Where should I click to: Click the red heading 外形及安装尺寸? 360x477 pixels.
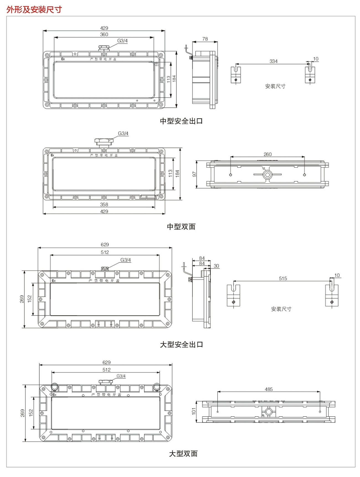[34, 9]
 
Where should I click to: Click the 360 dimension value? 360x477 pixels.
[104, 34]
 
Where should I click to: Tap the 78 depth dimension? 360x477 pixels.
[205, 39]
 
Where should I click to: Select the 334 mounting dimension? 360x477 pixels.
[273, 61]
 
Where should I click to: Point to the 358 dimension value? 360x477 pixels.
[104, 205]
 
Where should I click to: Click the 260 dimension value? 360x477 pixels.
[268, 154]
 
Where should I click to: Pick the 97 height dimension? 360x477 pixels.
[194, 174]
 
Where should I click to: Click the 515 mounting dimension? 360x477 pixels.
[283, 278]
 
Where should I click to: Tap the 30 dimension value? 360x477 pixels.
[216, 266]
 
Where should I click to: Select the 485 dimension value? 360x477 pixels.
[269, 389]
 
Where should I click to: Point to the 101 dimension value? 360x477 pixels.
[194, 411]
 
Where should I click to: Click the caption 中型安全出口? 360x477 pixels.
[181, 121]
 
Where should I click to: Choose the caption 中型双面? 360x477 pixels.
[181, 227]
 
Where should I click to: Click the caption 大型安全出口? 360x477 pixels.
[181, 345]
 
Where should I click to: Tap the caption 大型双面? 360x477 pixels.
[183, 454]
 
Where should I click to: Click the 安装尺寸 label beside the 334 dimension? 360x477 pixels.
[275, 86]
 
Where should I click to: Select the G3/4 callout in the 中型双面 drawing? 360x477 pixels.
[123, 133]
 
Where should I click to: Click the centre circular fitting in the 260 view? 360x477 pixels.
[268, 175]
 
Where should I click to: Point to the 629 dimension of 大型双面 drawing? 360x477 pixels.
[106, 362]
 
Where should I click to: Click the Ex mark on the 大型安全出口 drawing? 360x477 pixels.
[54, 281]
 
